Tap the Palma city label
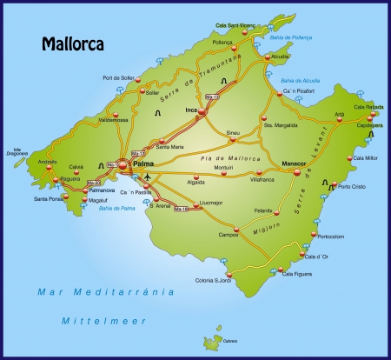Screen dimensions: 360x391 144,162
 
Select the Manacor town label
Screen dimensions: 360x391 295,163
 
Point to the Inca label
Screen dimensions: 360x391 191,110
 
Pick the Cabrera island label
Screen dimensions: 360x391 229,341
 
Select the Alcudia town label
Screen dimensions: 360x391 281,57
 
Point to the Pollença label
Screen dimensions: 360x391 222,41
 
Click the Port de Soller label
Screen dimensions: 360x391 120,78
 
